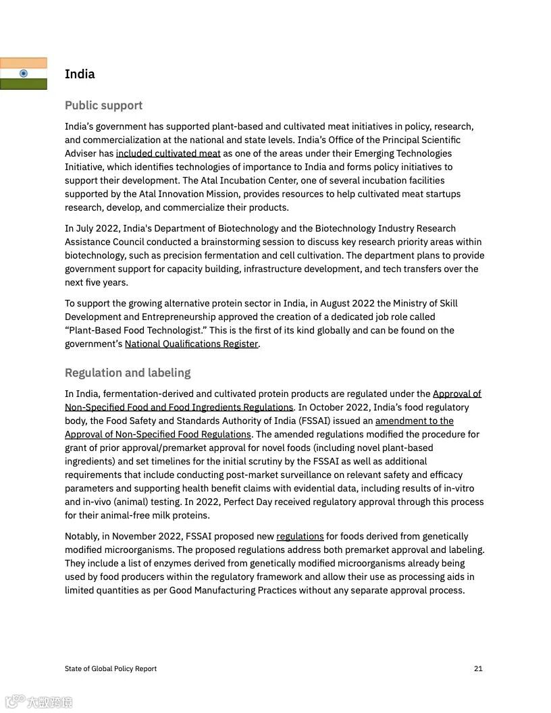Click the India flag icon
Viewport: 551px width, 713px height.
pyautogui.click(x=24, y=74)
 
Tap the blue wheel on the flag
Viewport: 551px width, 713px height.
pyautogui.click(x=24, y=74)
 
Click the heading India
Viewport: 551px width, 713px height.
pyautogui.click(x=80, y=74)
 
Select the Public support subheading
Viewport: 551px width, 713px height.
pyautogui.click(x=103, y=105)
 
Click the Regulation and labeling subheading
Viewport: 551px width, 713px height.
pyautogui.click(x=128, y=373)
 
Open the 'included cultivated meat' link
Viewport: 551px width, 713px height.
pyautogui.click(x=168, y=153)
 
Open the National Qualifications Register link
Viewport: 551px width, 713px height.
pyautogui.click(x=191, y=344)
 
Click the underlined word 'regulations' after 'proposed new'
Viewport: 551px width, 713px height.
pyautogui.click(x=300, y=536)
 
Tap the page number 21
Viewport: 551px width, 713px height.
pyautogui.click(x=478, y=668)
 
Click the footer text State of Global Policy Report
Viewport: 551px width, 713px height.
pyautogui.click(x=111, y=668)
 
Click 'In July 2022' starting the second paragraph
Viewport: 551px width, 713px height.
pyautogui.click(x=92, y=228)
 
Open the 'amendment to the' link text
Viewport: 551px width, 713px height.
pyautogui.click(x=415, y=421)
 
